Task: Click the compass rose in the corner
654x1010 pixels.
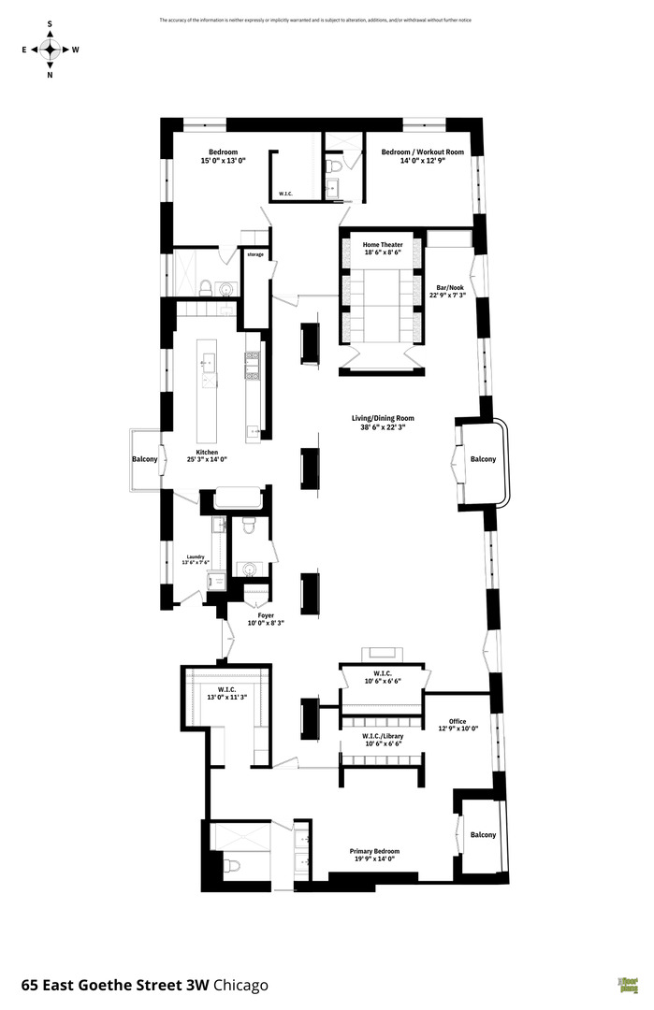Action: click(x=50, y=50)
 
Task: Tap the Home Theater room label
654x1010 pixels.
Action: click(x=383, y=245)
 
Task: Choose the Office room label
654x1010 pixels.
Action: click(x=458, y=721)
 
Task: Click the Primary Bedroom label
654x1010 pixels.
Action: click(x=374, y=851)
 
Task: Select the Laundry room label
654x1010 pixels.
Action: click(x=195, y=556)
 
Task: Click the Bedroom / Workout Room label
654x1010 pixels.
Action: click(x=422, y=152)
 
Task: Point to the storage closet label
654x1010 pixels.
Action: click(x=255, y=254)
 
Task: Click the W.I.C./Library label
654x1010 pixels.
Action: click(x=383, y=737)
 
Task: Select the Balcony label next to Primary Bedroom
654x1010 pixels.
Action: click(x=483, y=835)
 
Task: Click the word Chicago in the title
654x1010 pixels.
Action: click(x=241, y=985)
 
